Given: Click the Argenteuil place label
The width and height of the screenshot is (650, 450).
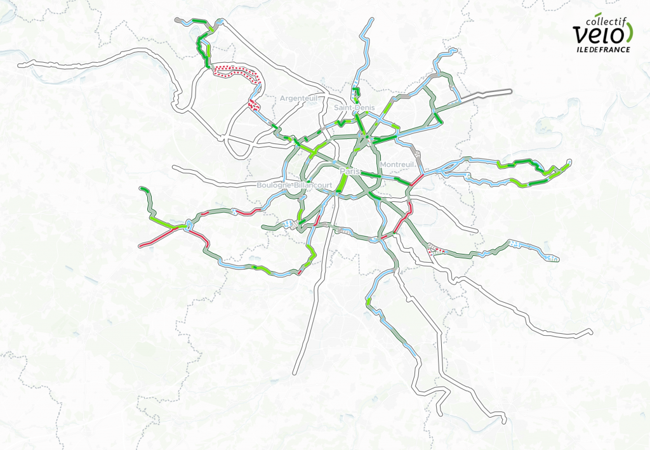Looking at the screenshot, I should [x=298, y=98].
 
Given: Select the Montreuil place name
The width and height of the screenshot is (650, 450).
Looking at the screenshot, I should [x=397, y=165].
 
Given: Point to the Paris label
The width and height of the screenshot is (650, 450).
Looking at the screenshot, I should [x=350, y=172].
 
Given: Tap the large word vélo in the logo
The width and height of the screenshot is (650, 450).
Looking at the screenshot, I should [x=598, y=34].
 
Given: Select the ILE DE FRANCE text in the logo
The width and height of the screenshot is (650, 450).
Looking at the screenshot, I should [x=603, y=49].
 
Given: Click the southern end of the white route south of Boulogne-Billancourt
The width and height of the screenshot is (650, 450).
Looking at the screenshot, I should [x=295, y=373].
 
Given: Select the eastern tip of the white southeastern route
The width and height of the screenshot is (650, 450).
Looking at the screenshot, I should [x=590, y=331].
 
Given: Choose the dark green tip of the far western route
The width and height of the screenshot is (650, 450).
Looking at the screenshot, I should [x=142, y=189].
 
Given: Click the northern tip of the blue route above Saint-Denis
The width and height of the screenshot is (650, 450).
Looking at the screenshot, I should [x=371, y=20].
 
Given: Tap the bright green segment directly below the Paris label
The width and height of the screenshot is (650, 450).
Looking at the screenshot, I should [x=342, y=184].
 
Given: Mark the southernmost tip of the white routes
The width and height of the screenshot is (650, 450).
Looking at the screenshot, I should [x=503, y=421].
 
